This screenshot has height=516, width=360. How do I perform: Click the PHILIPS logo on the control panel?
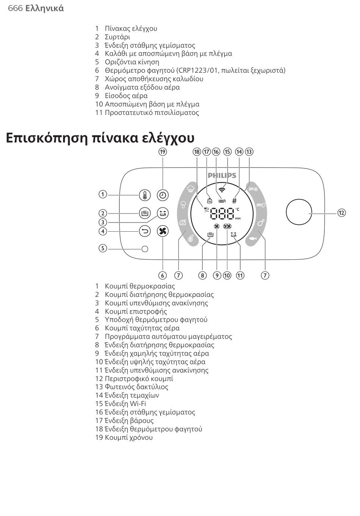222,176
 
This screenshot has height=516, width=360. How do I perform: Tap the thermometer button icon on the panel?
145,195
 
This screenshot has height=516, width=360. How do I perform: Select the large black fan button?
163,231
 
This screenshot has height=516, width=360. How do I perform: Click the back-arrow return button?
145,231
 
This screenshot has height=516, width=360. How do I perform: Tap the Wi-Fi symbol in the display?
222,190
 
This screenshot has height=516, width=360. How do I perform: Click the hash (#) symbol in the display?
235,201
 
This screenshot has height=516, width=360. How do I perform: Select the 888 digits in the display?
222,214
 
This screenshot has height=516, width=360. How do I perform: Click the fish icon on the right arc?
253,239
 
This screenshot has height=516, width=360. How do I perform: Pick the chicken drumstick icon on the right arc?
261,222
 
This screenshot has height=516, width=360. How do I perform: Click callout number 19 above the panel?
163,152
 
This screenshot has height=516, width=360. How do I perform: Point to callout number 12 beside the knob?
341,213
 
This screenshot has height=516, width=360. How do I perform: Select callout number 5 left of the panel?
102,249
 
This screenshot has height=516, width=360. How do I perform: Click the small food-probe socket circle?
145,249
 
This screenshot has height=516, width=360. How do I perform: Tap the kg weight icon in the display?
209,201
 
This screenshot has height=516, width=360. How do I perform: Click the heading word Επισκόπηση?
47,138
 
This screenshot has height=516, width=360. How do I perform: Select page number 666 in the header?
15,8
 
